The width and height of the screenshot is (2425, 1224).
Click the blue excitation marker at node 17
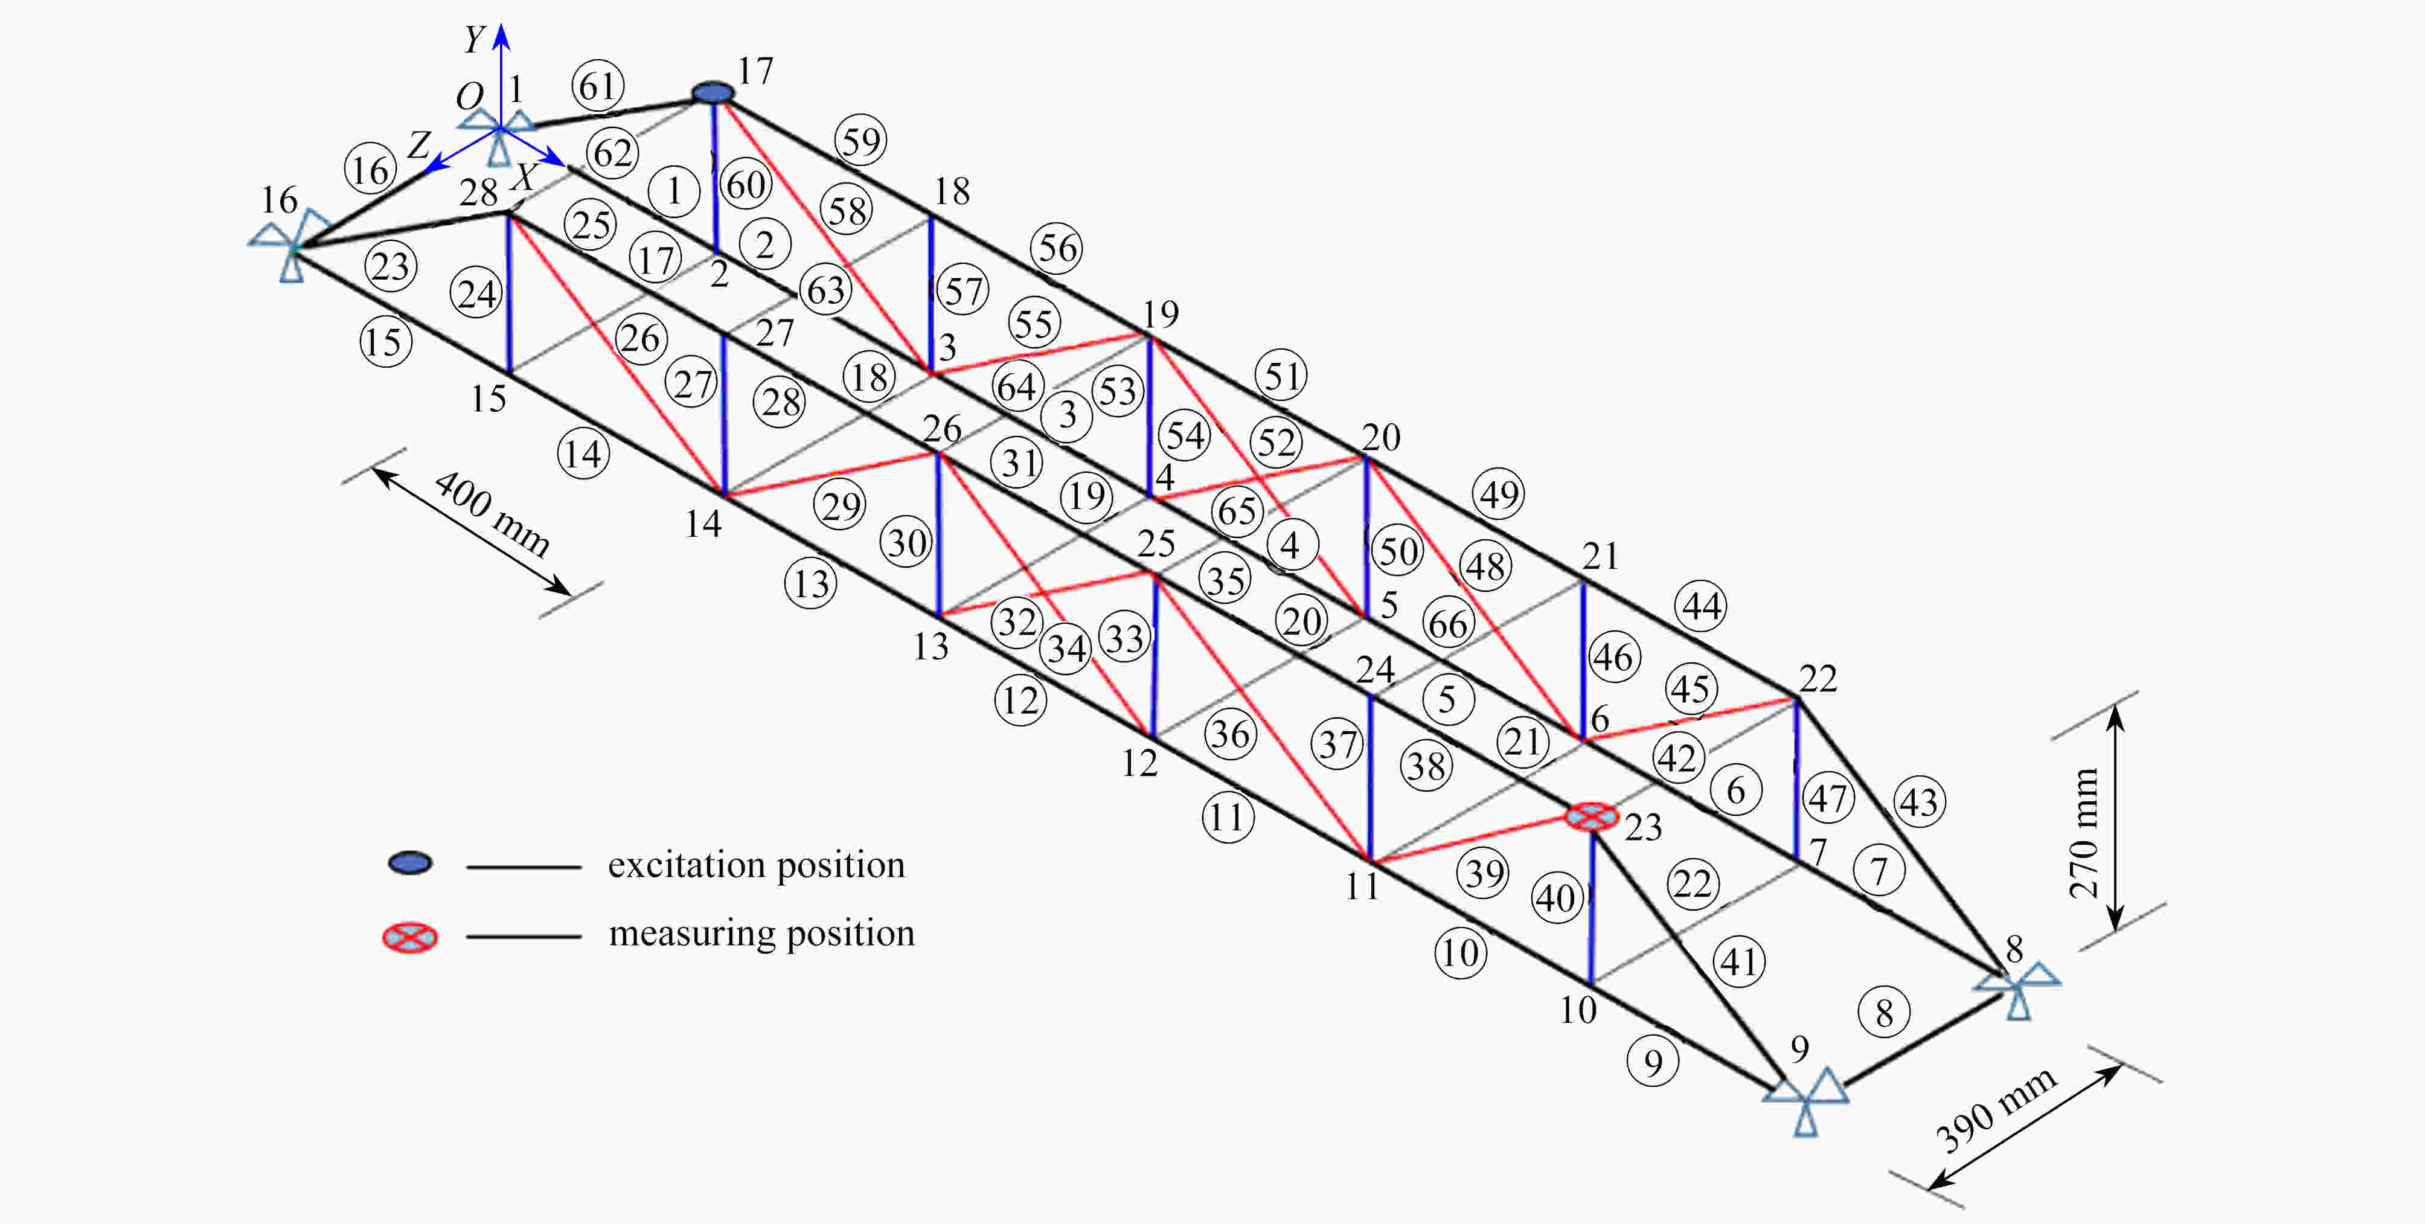point(713,92)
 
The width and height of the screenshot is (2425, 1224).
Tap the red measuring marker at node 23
point(1592,816)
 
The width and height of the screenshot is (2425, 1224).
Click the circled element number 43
point(1918,802)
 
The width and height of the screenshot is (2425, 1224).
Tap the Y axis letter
point(475,39)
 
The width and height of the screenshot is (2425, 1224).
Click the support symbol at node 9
point(1805,1100)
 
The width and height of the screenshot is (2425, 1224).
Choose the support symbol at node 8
point(2016,988)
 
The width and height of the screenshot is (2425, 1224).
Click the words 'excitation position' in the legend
point(756,864)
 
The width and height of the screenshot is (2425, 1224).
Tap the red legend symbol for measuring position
point(409,937)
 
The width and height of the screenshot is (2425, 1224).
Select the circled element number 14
point(584,454)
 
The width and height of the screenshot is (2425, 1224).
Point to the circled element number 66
point(1448,623)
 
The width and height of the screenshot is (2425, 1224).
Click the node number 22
point(1818,679)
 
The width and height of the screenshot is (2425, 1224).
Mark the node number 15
point(489,399)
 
